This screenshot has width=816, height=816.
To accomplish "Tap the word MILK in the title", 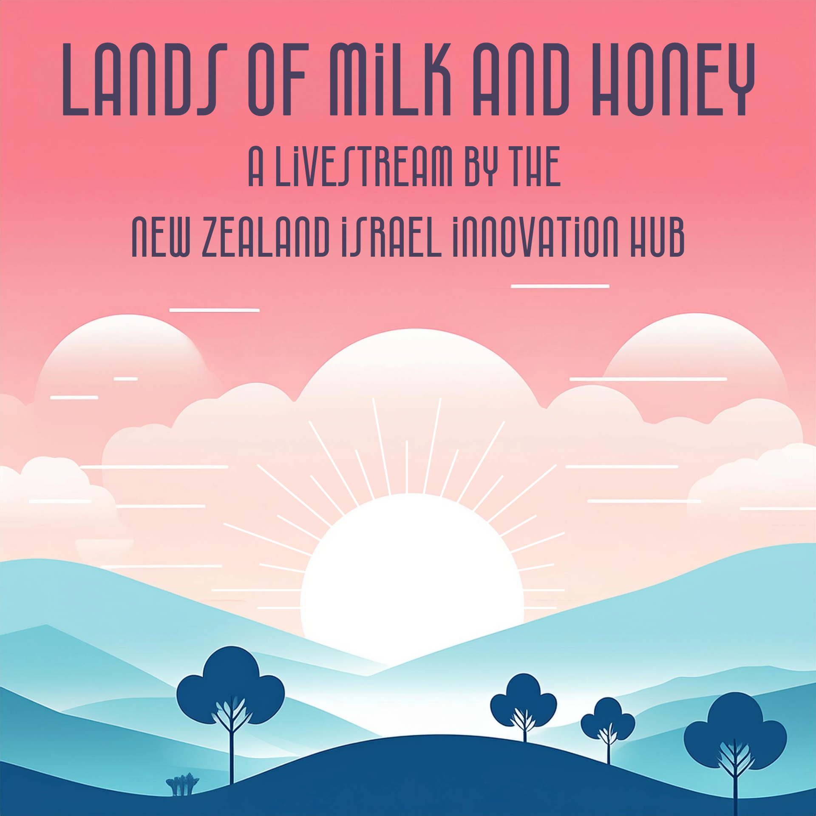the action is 390,79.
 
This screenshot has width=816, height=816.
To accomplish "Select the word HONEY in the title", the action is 674,79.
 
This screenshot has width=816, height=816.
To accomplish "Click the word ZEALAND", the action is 266,237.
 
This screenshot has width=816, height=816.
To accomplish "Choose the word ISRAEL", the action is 391,237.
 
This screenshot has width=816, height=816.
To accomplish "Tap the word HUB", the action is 657,237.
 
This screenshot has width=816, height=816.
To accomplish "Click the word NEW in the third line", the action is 161,237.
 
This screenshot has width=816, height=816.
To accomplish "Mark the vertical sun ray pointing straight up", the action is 407,467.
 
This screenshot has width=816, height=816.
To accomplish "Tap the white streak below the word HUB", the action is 560,286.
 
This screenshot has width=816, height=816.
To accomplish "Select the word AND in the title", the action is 521,79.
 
